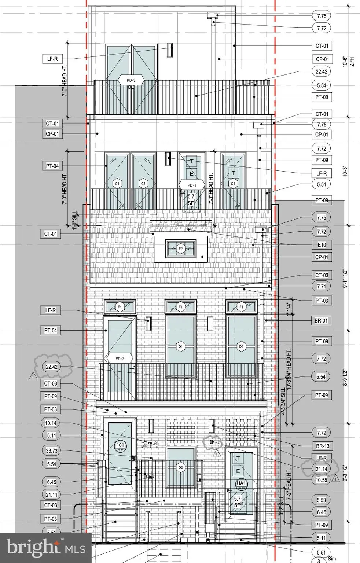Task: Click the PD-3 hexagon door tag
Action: coord(131,80)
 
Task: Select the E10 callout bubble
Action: coord(322,245)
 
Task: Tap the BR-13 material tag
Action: coord(323,446)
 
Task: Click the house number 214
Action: coord(150,445)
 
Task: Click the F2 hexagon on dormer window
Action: coord(180,249)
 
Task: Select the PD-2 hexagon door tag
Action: coord(119,358)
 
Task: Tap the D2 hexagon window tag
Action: coord(180,467)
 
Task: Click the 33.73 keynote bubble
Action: coord(52,451)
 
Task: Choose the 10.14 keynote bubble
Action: coord(51,423)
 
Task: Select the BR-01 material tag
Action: coord(321,321)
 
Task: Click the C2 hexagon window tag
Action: coord(143,184)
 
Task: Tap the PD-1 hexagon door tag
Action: coord(192,185)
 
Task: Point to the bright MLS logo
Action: coord(45,548)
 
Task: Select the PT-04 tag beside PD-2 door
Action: coord(51,331)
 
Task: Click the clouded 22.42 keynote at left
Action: coord(52,367)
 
